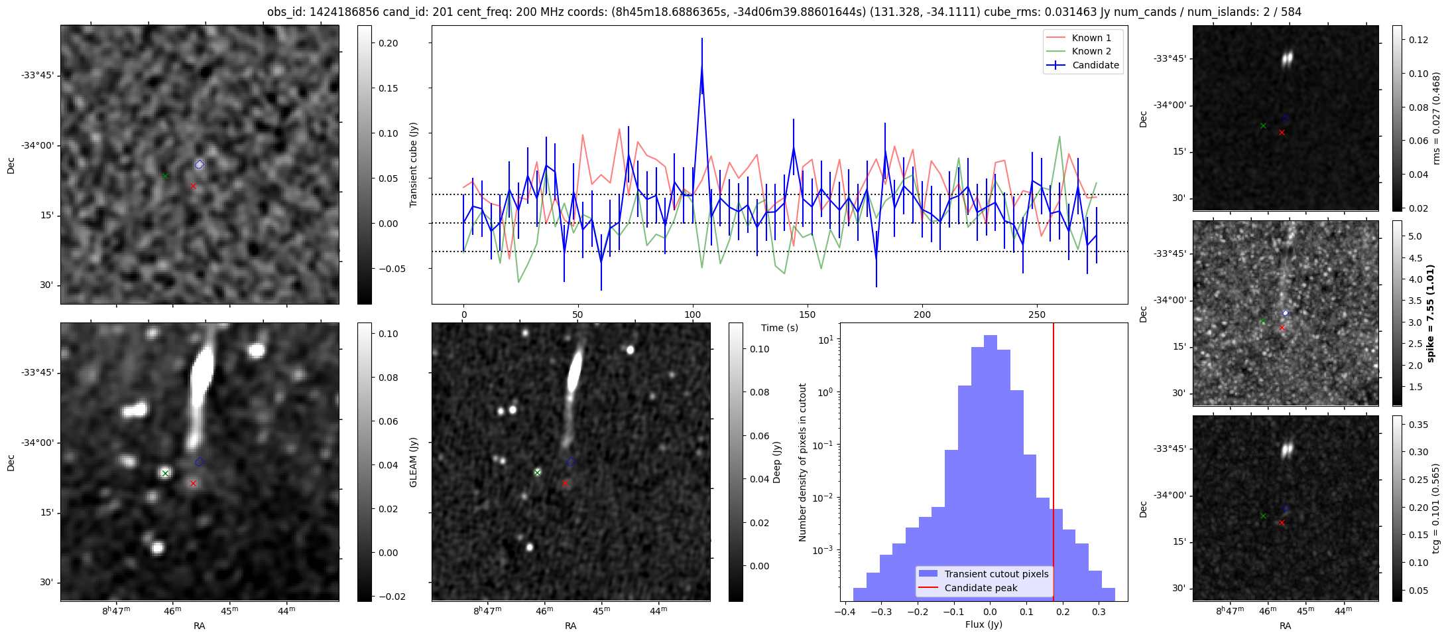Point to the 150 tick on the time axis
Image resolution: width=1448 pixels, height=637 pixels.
point(808,315)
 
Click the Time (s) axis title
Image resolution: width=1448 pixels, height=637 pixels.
point(779,328)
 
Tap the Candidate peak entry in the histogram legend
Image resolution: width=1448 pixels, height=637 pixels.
point(981,588)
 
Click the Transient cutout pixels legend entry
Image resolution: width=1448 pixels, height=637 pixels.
point(996,574)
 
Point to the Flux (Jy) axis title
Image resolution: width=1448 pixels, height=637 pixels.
point(984,624)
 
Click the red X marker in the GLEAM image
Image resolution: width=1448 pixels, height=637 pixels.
point(193,484)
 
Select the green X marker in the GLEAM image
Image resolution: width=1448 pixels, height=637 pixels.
point(165,473)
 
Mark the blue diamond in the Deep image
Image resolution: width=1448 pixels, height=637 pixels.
point(571,462)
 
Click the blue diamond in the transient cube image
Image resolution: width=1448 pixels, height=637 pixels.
point(200,165)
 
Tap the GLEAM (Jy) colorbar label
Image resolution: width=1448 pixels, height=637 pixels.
point(413,462)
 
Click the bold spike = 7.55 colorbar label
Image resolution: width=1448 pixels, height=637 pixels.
point(1430,313)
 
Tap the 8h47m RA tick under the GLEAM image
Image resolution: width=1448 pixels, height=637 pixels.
point(115,610)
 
